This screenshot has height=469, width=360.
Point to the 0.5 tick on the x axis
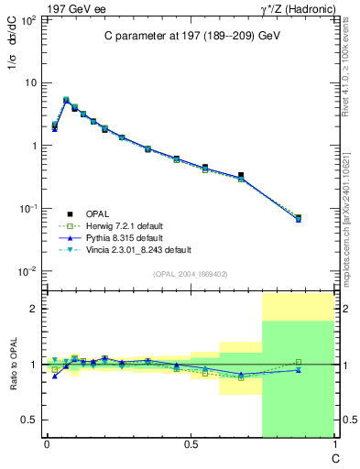[x=190, y=446]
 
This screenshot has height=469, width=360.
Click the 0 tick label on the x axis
[x=47, y=446]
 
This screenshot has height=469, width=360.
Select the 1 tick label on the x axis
[x=333, y=446]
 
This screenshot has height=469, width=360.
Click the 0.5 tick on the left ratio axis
[x=30, y=420]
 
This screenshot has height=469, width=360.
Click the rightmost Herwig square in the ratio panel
[x=299, y=362]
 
